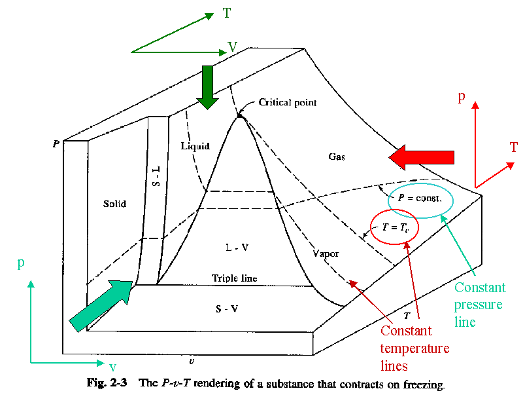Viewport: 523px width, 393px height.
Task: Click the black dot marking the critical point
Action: [239, 116]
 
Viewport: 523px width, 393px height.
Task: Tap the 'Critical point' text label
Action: [288, 102]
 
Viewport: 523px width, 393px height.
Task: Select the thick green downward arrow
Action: [207, 87]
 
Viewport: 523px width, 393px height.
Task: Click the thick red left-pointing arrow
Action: [421, 157]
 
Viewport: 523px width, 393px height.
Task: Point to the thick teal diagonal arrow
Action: [101, 306]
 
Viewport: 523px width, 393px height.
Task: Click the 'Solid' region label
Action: [115, 204]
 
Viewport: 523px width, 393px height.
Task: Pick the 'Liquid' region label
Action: [195, 146]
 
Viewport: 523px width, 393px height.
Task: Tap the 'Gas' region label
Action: [337, 157]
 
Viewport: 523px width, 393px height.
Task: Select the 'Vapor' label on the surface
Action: [326, 254]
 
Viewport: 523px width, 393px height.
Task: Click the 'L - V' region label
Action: [237, 248]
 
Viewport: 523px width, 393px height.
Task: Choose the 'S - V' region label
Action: [227, 309]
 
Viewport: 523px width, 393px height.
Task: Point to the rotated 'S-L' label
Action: [156, 176]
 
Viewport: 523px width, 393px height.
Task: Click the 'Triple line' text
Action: [235, 278]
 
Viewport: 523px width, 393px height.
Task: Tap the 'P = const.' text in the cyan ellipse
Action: [420, 198]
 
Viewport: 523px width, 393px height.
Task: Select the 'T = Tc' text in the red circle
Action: [396, 227]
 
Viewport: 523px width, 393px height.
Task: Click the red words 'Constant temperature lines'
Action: [414, 348]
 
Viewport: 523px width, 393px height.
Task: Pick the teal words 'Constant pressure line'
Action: [480, 305]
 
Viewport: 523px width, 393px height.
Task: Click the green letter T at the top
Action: [227, 13]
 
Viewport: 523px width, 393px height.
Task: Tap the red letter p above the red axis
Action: [462, 97]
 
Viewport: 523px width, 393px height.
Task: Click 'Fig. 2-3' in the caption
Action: [107, 383]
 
